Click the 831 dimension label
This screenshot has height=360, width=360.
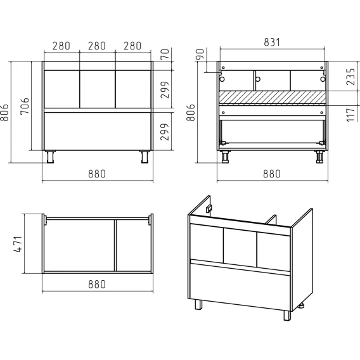pyautogui.click(x=272, y=42)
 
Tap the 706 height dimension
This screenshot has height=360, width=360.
pyautogui.click(x=25, y=106)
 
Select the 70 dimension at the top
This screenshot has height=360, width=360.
pyautogui.click(x=165, y=54)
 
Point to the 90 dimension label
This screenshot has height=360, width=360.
pyautogui.click(x=200, y=54)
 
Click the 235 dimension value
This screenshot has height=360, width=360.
pyautogui.click(x=351, y=77)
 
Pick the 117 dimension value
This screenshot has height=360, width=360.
pyautogui.click(x=351, y=115)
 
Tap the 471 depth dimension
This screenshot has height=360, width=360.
pyautogui.click(x=18, y=244)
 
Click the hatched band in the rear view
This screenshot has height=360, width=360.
pyautogui.click(x=273, y=97)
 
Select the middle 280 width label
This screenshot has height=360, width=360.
pyautogui.click(x=97, y=46)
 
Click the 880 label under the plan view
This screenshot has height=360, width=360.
pyautogui.click(x=97, y=284)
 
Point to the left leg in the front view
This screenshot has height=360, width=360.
pyautogui.click(x=50, y=157)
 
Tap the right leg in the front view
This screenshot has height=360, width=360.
pyautogui.click(x=145, y=157)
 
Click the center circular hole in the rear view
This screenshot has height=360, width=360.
pyautogui.click(x=258, y=79)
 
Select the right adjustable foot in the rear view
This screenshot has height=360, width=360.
pyautogui.click(x=319, y=157)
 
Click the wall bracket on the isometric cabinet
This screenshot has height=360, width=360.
pyautogui.click(x=209, y=209)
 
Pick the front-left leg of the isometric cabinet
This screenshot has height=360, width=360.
pyautogui.click(x=198, y=304)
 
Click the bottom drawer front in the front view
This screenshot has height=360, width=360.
pyautogui.click(x=98, y=131)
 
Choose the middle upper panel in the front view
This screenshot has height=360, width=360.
pyautogui.click(x=98, y=89)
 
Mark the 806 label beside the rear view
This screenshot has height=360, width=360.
pyautogui.click(x=191, y=113)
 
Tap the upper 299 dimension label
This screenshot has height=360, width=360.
pyautogui.click(x=165, y=90)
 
